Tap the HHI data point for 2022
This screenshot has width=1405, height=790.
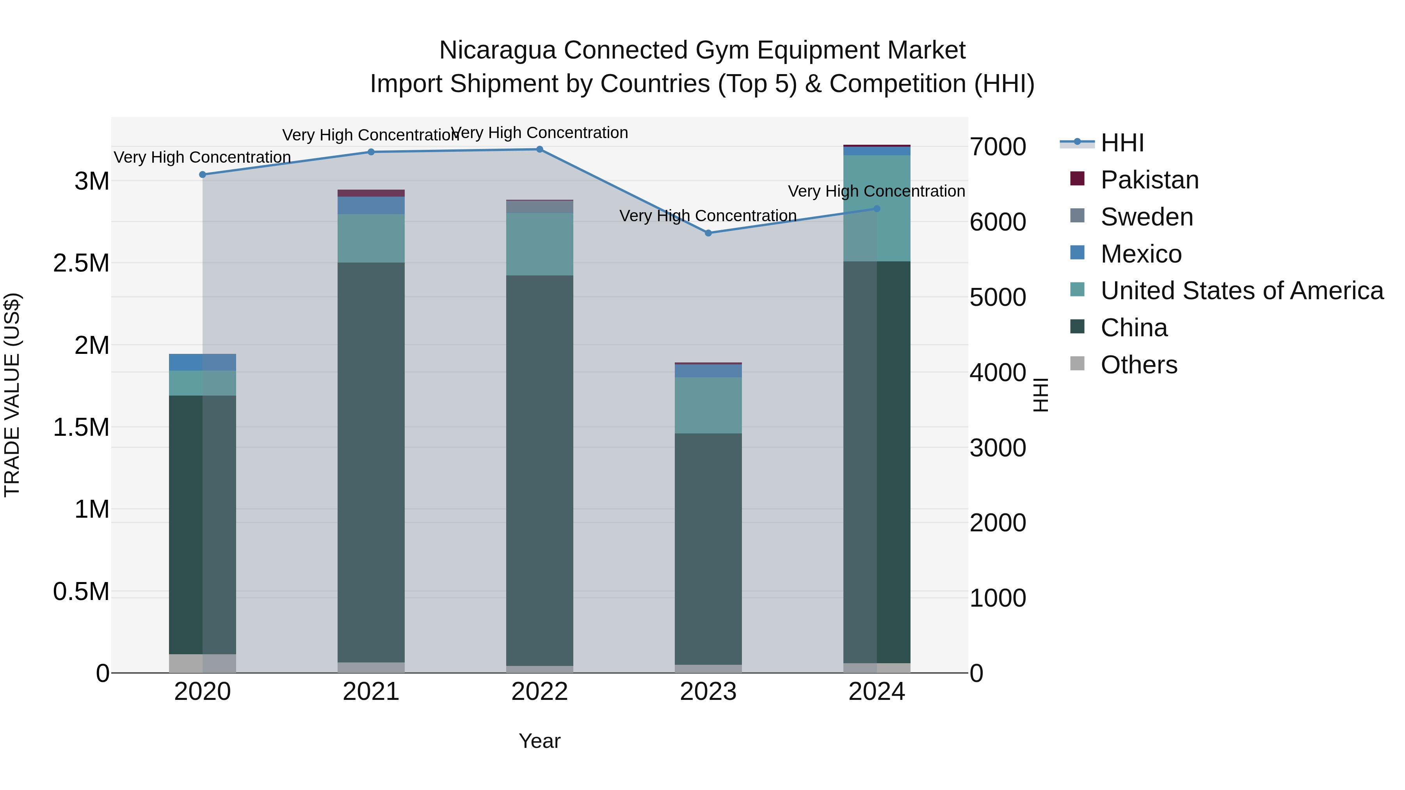[x=539, y=149]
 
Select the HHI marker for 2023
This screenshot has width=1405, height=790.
[x=708, y=233]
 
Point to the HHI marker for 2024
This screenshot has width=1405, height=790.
[x=877, y=209]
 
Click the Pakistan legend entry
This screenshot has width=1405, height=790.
[x=1149, y=180]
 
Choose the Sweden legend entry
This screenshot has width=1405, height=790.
[x=1147, y=217]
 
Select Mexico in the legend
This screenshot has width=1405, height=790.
[x=1141, y=254]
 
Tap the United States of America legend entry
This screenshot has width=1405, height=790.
[x=1241, y=291]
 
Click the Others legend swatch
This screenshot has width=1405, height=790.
[x=1077, y=364]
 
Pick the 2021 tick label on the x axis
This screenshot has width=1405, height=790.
[x=371, y=692]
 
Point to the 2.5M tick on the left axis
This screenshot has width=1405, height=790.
[x=81, y=263]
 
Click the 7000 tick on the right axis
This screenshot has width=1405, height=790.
[x=998, y=147]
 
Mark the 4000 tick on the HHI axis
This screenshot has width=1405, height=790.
[x=998, y=373]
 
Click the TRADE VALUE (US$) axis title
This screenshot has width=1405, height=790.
[x=12, y=395]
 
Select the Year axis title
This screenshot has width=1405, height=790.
[x=539, y=741]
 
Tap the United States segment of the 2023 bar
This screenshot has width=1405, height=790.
[x=708, y=405]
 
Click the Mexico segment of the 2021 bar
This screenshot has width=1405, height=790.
[x=371, y=205]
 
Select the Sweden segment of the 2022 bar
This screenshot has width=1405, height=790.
[x=539, y=207]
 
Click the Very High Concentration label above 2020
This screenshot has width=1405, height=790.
[x=202, y=157]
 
